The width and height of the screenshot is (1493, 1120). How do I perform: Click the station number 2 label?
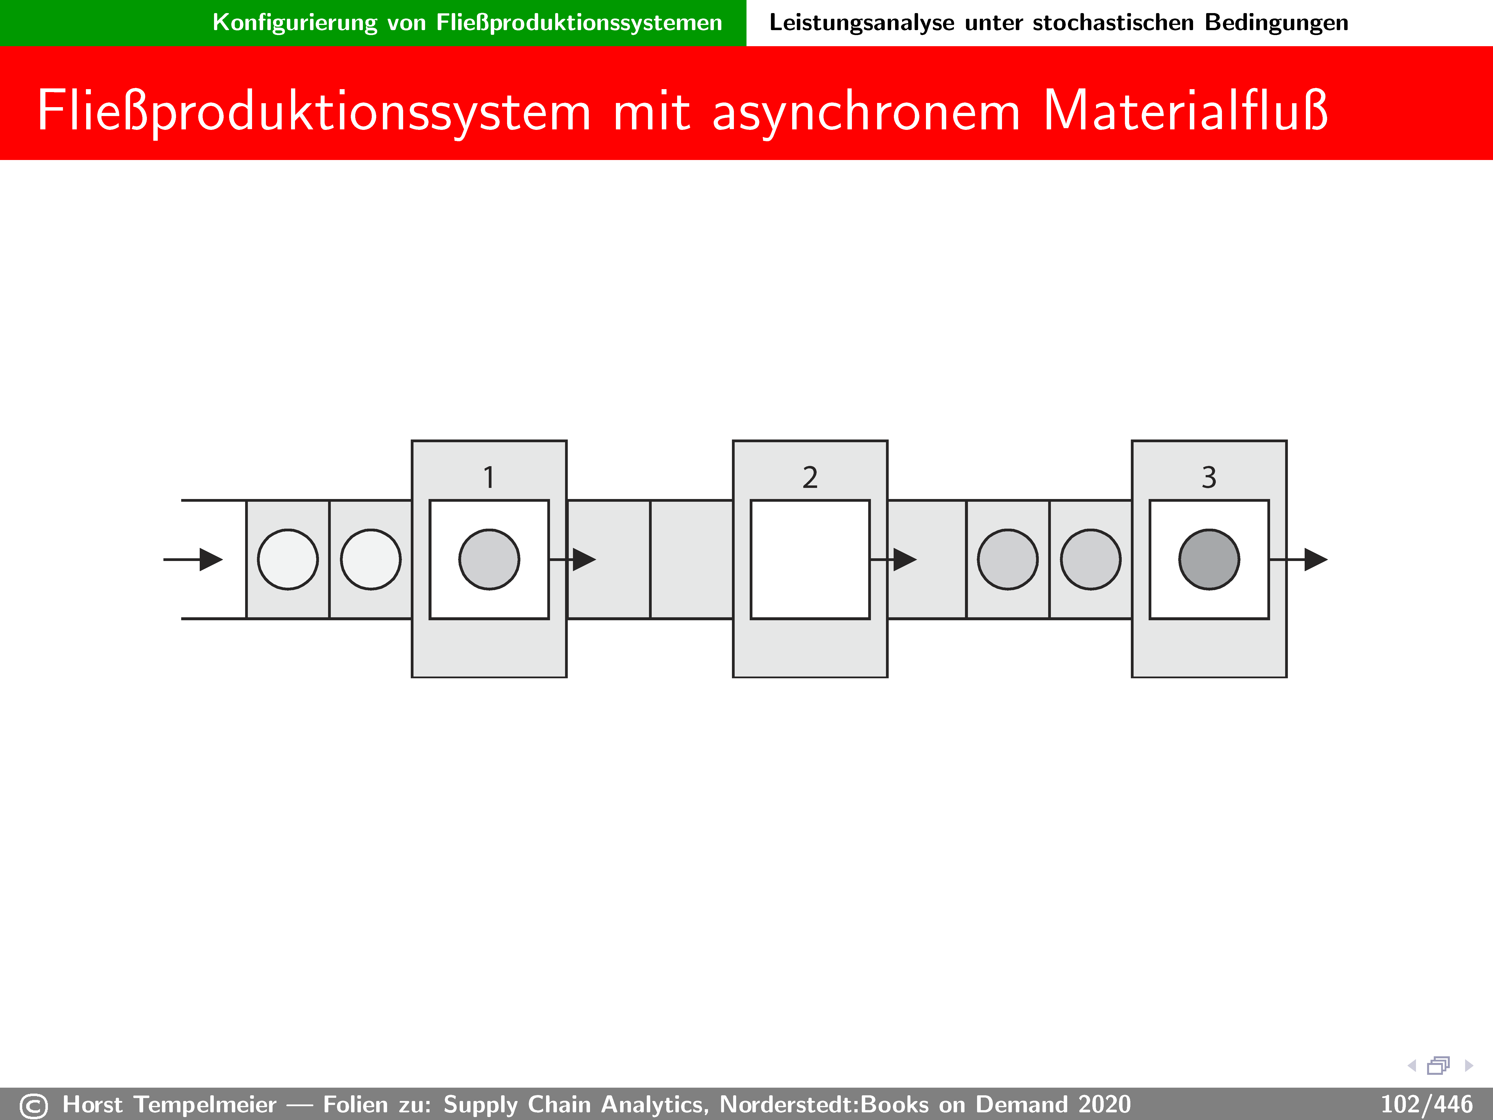(810, 477)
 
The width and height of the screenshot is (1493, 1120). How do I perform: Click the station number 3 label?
(1209, 477)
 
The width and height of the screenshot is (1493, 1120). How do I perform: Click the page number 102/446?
(1426, 1104)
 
